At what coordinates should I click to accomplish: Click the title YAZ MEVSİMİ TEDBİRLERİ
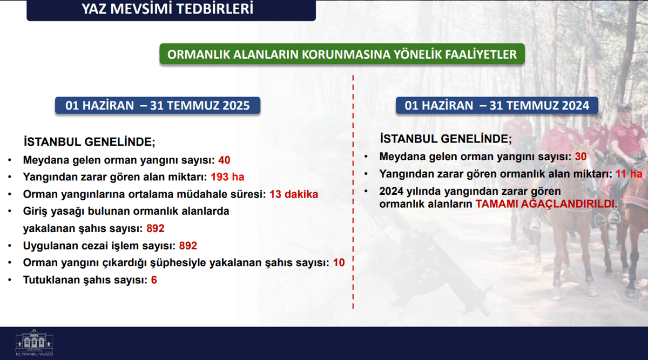click(167, 9)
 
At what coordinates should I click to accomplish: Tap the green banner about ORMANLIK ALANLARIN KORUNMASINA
click(342, 54)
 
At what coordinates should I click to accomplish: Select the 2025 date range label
click(158, 105)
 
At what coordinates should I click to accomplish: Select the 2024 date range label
click(497, 105)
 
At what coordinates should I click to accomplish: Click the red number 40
click(224, 160)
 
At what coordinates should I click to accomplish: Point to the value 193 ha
click(227, 176)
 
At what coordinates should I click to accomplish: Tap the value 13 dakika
click(294, 194)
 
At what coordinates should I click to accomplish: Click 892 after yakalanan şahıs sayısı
click(156, 228)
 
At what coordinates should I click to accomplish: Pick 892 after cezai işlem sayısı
click(188, 246)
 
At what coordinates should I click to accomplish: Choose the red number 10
click(339, 262)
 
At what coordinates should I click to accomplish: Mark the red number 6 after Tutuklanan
click(154, 280)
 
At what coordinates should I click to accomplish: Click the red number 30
click(580, 157)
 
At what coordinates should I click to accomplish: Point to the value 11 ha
click(629, 174)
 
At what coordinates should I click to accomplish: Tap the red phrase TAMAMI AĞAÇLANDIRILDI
click(546, 204)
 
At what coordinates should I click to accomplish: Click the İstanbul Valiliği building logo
click(34, 342)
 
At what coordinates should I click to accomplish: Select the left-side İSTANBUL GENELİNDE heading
click(90, 142)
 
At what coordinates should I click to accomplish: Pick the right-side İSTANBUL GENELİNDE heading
click(446, 139)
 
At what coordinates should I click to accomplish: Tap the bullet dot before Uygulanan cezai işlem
click(10, 246)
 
